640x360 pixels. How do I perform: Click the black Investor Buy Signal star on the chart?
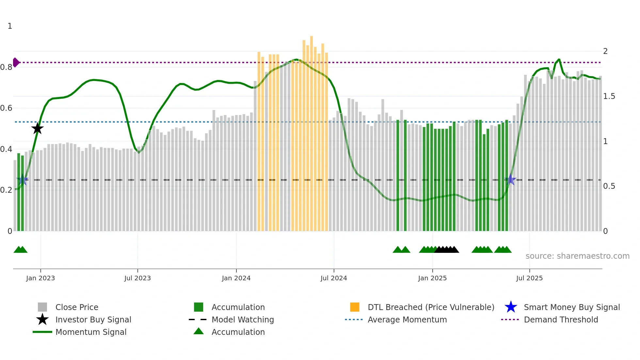(x=38, y=128)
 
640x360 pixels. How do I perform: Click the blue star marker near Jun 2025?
(x=511, y=180)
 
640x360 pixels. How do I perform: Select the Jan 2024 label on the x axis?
(x=236, y=278)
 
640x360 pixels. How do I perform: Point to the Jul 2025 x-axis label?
(x=529, y=278)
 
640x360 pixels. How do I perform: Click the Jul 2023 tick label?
(x=137, y=278)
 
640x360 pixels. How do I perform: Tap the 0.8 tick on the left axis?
(x=6, y=67)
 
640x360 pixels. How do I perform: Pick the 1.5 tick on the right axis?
(x=609, y=96)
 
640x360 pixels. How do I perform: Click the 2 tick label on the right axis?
(x=605, y=51)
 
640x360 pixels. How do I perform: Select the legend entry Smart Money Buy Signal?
(x=571, y=307)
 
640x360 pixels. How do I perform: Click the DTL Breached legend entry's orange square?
(x=355, y=307)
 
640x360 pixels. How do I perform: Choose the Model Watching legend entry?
(x=243, y=319)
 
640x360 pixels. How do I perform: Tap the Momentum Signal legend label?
(x=91, y=332)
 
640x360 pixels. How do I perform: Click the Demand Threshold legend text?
(x=561, y=319)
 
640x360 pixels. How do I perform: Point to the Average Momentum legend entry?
(x=407, y=319)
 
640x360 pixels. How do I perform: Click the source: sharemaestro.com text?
(x=577, y=256)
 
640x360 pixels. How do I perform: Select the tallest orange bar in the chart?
(x=312, y=131)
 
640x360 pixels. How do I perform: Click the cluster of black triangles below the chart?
(x=447, y=250)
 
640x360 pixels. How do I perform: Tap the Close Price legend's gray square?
(x=42, y=307)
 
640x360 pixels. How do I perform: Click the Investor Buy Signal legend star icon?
(x=42, y=319)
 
